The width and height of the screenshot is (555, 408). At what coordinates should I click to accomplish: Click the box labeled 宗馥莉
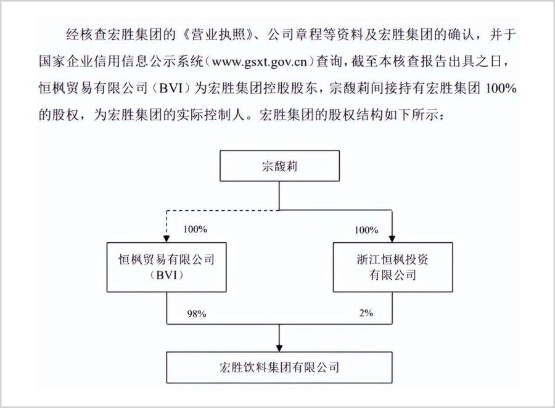279,166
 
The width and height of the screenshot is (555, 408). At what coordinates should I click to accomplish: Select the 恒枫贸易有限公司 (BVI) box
166,267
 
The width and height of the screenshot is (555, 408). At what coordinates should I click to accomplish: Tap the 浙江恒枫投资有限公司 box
393,267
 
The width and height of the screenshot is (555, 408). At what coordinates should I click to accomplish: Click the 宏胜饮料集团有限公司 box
279,367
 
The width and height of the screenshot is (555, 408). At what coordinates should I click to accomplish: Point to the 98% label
197,314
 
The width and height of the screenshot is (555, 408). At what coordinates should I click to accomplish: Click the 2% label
366,313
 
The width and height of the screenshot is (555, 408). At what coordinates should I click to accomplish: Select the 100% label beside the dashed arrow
195,229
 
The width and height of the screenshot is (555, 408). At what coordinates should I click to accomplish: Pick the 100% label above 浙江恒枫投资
366,230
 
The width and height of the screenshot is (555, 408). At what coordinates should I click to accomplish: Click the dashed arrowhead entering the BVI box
166,239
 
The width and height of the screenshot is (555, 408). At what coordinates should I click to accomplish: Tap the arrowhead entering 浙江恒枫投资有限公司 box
392,239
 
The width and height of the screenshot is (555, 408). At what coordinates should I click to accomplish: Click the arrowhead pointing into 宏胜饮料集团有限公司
279,348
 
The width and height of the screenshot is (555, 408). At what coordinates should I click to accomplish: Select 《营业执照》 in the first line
218,35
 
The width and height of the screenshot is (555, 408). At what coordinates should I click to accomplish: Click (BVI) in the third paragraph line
171,88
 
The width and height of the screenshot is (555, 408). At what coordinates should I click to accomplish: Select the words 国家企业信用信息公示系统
121,62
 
